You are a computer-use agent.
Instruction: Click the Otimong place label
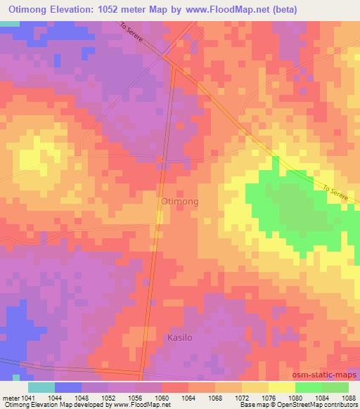pos(179,201)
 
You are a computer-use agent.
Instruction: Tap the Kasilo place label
pos(180,338)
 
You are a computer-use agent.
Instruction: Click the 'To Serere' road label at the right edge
pos(335,194)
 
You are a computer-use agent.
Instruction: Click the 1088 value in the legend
pos(349,397)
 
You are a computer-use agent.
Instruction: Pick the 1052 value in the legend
pos(109,397)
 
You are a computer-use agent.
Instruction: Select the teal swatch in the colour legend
pos(41,387)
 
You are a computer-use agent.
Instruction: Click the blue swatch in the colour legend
pos(68,387)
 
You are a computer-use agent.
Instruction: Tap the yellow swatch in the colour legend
pos(282,387)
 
